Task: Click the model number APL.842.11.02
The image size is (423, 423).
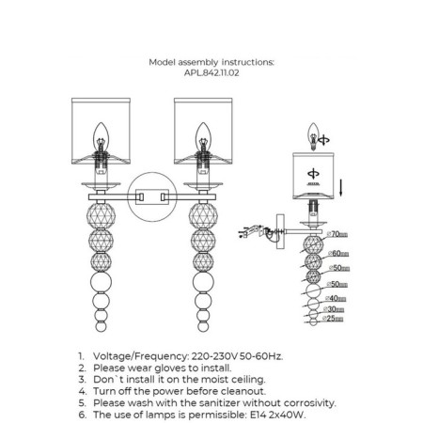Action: tap(211, 73)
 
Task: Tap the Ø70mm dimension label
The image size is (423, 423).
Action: tap(337, 234)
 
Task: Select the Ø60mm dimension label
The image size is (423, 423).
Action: tap(338, 253)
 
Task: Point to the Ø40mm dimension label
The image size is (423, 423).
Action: tap(336, 298)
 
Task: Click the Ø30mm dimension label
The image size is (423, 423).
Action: tap(334, 309)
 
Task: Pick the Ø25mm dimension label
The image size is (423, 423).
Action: tap(333, 319)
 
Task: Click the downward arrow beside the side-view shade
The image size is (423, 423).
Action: tap(340, 186)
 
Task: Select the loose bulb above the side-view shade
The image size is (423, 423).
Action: tap(313, 136)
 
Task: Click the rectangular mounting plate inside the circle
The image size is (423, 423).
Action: tap(152, 197)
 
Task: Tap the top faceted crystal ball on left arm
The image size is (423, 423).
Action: tap(101, 216)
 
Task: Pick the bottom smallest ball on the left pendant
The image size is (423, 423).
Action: tap(101, 326)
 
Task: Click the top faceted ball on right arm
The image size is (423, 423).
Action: tap(203, 216)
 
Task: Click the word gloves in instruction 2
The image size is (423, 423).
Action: tap(170, 368)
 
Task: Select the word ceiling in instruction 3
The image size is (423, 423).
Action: tap(248, 380)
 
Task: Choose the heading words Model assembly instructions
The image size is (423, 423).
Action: tap(211, 62)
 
